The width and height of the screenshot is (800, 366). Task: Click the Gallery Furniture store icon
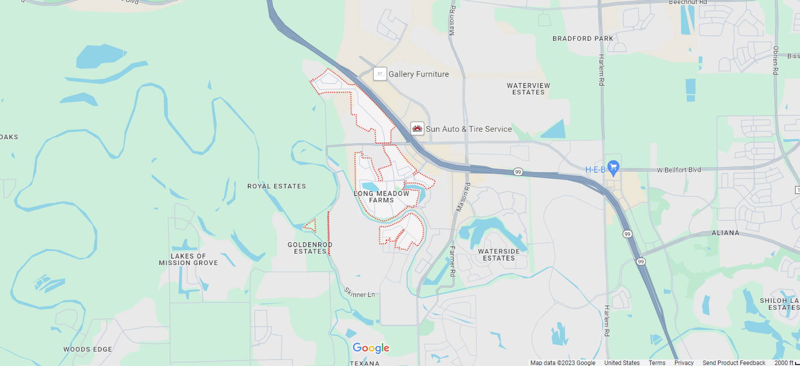click(x=380, y=74)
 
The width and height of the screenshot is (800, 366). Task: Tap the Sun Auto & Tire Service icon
click(x=417, y=129)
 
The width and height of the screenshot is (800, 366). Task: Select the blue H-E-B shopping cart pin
click(x=614, y=168)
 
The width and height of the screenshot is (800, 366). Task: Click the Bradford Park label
click(x=583, y=38)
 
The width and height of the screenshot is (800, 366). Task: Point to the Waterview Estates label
click(x=528, y=89)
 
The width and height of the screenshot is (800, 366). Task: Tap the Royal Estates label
click(x=276, y=186)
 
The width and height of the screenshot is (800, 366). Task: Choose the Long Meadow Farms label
click(x=381, y=197)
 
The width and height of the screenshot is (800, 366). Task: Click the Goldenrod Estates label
click(x=310, y=248)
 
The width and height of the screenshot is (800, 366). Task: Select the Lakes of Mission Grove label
click(x=188, y=260)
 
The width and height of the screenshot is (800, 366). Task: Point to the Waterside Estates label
click(x=499, y=255)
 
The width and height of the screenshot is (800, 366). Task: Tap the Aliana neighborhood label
click(x=725, y=233)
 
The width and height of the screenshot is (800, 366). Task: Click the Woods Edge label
click(x=88, y=350)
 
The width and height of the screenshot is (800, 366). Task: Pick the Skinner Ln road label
click(x=359, y=293)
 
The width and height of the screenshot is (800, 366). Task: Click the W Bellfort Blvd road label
click(x=679, y=170)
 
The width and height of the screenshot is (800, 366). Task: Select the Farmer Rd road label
click(x=452, y=261)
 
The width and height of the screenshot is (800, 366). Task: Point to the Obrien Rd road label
click(x=775, y=60)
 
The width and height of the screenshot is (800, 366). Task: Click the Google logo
click(x=371, y=348)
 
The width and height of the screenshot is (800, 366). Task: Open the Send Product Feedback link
click(x=733, y=363)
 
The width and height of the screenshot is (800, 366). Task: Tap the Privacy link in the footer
click(x=684, y=363)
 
